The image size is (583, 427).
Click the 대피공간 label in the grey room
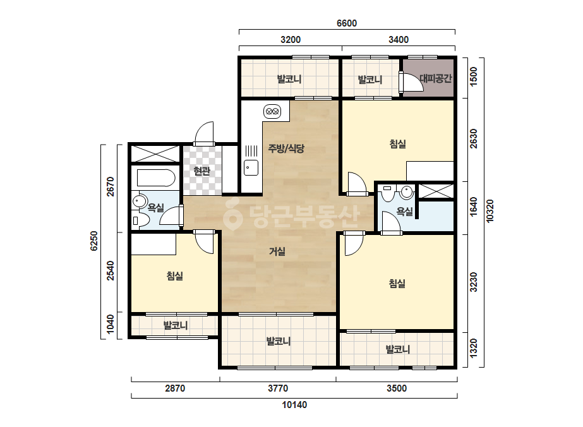[435, 78]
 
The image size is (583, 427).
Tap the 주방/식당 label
[286, 148]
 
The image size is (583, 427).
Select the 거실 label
[277, 252]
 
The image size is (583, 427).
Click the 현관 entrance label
[202, 171]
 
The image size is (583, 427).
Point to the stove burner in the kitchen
[272, 111]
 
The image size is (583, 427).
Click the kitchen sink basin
[251, 167]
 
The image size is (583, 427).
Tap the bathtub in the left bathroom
[156, 177]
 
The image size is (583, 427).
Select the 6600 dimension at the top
[347, 23]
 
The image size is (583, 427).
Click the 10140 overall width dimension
[294, 405]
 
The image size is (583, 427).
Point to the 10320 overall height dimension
[490, 211]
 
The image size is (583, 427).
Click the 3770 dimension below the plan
[278, 388]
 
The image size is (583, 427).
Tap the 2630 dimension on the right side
[474, 139]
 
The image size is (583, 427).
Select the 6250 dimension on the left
[94, 241]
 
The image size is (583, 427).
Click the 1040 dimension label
[111, 325]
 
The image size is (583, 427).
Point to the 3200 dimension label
[291, 40]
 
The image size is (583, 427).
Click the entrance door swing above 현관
[205, 133]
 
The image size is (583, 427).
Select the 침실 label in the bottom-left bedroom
[175, 276]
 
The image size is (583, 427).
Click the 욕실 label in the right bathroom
[404, 212]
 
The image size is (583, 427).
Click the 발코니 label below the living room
[279, 341]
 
